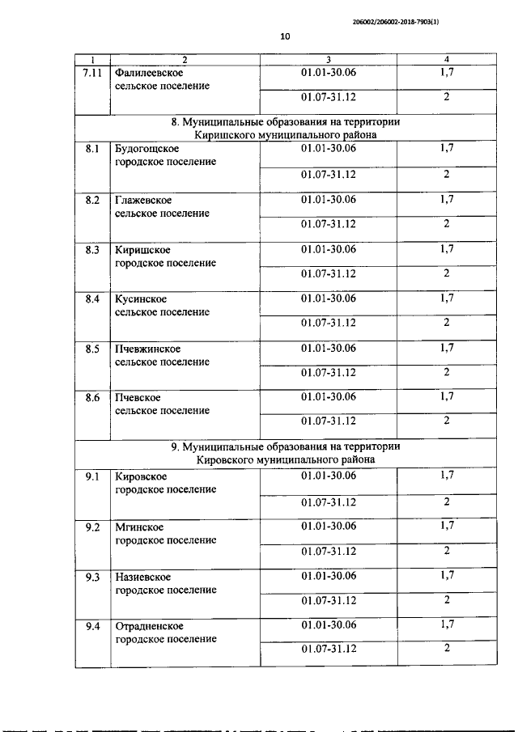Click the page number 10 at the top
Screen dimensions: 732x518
tap(285, 36)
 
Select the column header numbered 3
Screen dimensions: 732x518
tap(328, 60)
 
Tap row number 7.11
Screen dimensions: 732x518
tap(92, 73)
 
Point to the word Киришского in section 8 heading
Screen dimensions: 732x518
tap(231, 135)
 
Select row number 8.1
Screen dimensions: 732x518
tap(92, 149)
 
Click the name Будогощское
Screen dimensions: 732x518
tap(148, 149)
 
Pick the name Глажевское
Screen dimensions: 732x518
tap(144, 200)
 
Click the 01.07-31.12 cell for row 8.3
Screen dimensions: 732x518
tap(328, 273)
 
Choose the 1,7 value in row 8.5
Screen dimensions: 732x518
tap(447, 348)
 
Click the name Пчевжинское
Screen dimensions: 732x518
tap(148, 349)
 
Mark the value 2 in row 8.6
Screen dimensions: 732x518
tap(447, 421)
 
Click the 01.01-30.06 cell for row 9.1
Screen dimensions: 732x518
tap(328, 476)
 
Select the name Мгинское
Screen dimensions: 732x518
tap(139, 527)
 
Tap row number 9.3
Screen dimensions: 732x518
tap(92, 577)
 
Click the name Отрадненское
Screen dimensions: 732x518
tap(150, 626)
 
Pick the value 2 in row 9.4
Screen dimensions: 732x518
tap(447, 649)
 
